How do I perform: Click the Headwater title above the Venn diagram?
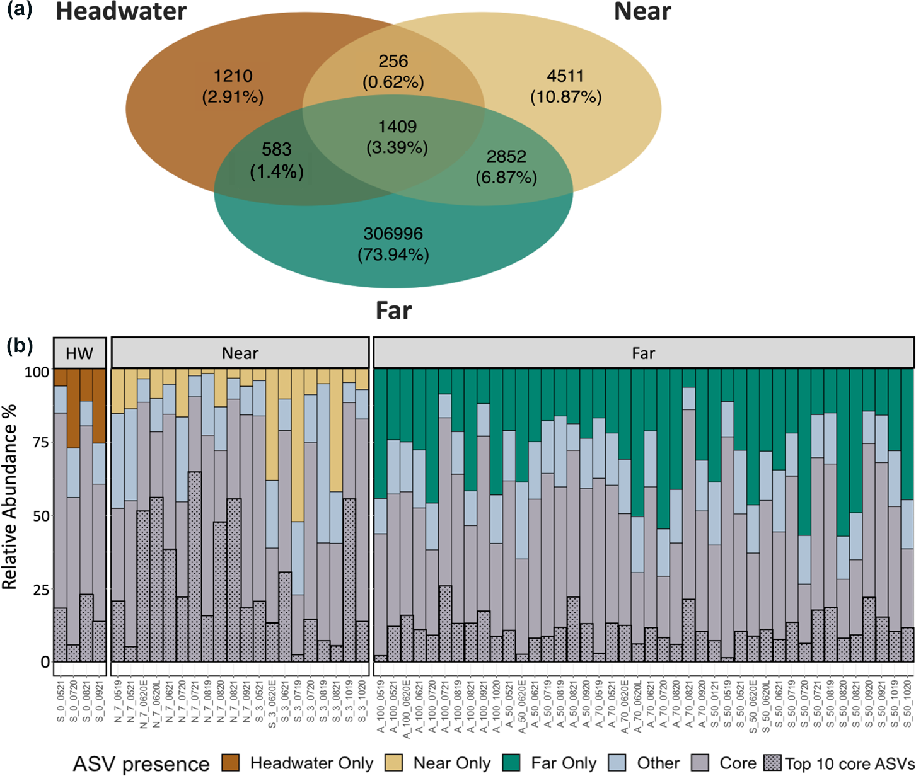[121, 11]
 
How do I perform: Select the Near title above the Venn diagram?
[642, 11]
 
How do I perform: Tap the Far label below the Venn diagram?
[393, 311]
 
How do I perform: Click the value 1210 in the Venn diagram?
[233, 76]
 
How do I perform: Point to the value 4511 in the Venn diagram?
[565, 76]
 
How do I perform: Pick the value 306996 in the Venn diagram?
[393, 234]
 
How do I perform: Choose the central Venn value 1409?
[397, 127]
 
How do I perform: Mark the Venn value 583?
[277, 149]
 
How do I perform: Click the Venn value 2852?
[506, 156]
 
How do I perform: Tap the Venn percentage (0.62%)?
[393, 82]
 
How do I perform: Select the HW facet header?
[79, 353]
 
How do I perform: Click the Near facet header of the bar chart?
[240, 353]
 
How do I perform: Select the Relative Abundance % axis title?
[10, 498]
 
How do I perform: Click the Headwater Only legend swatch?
[231, 763]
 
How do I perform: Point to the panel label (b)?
[19, 345]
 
